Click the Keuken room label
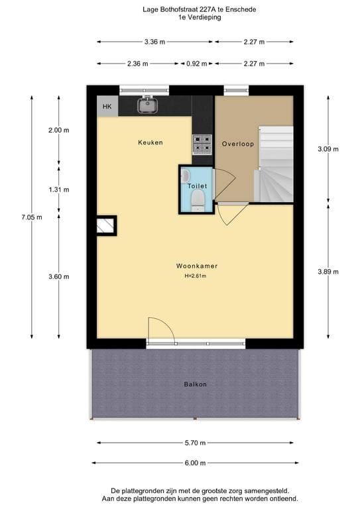coord(150,142)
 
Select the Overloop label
coord(238,143)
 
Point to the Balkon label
coord(195,384)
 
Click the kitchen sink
coord(147,105)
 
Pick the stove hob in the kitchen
coord(202,144)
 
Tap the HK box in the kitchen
coord(106,106)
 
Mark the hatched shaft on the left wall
coord(106,226)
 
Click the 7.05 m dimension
coord(31,217)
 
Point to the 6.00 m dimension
coord(195,463)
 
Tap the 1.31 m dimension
coord(59,189)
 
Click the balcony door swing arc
coord(161,329)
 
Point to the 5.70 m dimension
coord(195,443)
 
